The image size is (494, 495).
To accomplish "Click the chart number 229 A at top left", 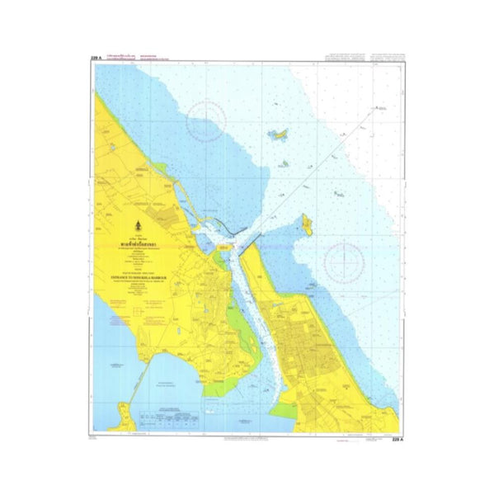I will (96, 58).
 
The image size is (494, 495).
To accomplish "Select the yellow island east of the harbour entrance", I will (306, 223).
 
